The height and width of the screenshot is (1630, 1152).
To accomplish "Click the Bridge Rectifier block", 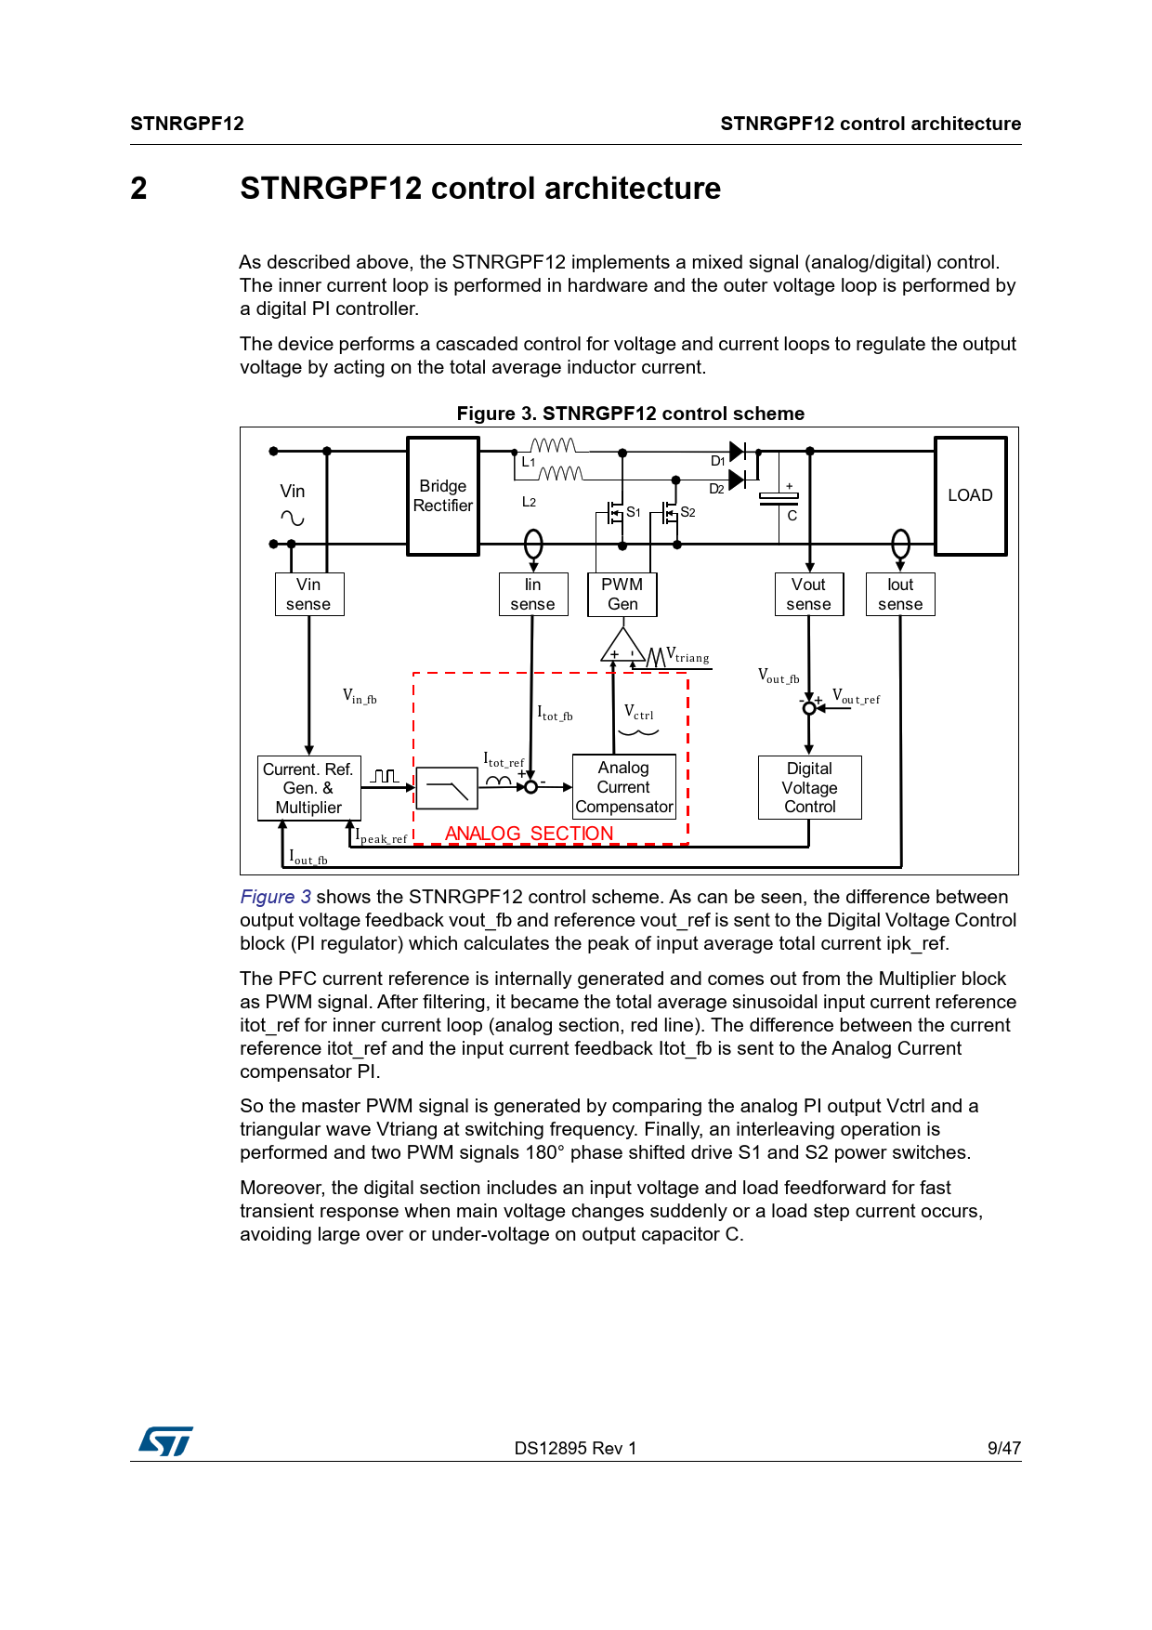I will [443, 496].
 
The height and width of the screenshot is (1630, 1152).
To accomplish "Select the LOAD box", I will [970, 496].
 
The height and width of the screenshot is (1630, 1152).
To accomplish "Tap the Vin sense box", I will [308, 594].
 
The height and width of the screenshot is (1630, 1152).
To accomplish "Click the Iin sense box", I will [532, 594].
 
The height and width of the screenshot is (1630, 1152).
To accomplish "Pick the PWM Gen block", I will [622, 594].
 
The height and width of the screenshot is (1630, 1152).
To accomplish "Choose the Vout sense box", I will [808, 594].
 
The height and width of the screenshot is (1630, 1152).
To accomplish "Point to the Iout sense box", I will [900, 594].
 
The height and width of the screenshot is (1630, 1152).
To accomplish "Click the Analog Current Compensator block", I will [623, 787].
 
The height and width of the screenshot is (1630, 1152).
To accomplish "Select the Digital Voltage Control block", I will [810, 787].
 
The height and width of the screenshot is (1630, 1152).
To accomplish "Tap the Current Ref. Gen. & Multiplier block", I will [308, 788].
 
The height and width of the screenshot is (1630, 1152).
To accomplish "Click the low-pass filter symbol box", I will [447, 788].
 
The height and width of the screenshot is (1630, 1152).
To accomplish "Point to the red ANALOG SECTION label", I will [529, 834].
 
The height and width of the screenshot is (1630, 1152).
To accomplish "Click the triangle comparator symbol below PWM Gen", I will [622, 647].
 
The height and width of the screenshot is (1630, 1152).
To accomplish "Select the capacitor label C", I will [792, 516].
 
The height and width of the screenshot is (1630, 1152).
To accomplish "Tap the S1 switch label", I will [634, 512].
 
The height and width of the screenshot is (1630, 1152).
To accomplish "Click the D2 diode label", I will [716, 489].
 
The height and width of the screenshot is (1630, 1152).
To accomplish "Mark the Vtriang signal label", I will [687, 656].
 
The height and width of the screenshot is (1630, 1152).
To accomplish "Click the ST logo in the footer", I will [165, 1441].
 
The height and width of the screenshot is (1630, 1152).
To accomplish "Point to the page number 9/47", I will [1003, 1448].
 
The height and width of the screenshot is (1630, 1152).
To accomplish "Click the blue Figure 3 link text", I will [275, 897].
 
